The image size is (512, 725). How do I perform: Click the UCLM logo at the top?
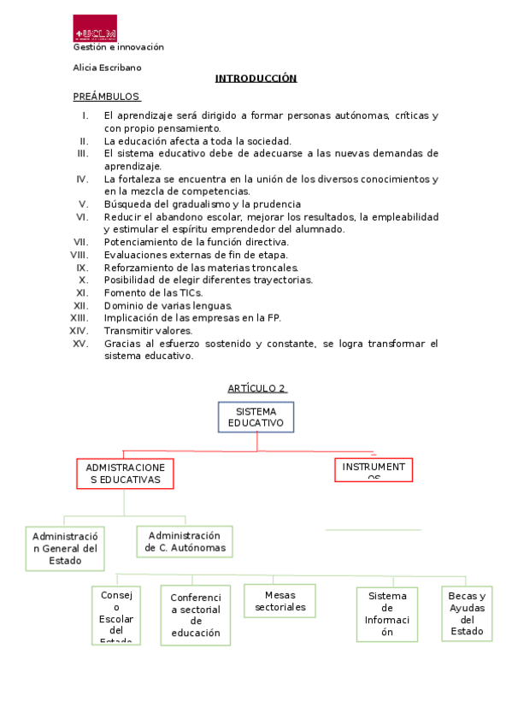[95, 28]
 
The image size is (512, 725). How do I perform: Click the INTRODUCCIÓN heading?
[256, 79]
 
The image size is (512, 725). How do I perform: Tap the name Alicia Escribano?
[108, 68]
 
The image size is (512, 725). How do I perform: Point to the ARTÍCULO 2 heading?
[256, 388]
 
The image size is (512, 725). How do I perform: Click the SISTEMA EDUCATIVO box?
[256, 417]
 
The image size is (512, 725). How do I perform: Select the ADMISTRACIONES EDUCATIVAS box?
[125, 474]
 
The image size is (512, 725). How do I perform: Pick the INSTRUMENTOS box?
[374, 470]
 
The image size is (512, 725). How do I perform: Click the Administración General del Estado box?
[65, 548]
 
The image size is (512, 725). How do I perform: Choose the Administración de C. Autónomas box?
[185, 541]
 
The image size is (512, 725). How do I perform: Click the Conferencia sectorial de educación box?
[196, 616]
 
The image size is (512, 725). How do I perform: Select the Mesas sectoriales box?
[280, 601]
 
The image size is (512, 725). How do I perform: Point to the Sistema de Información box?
[387, 614]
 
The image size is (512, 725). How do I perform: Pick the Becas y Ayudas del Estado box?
[467, 614]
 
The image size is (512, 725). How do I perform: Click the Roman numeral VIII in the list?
[79, 255]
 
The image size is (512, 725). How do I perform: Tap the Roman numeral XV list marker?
[80, 344]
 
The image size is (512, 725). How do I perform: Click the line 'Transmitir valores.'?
[149, 331]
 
